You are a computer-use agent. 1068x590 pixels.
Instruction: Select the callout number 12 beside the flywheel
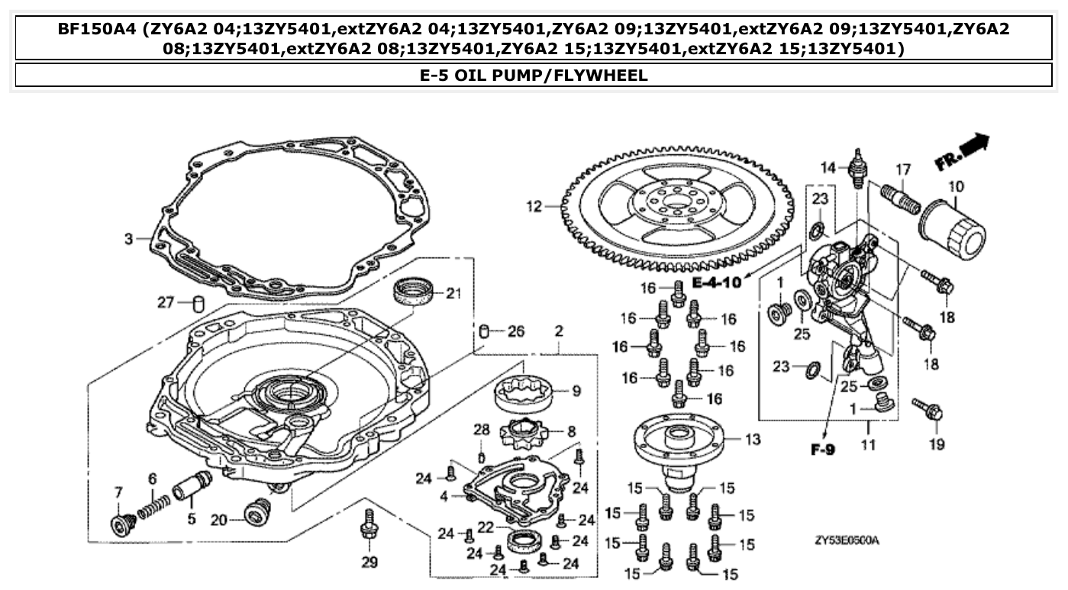tap(534, 205)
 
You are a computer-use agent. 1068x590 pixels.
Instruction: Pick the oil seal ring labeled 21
tap(415, 293)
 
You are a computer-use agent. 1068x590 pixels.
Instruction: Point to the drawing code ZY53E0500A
tap(847, 541)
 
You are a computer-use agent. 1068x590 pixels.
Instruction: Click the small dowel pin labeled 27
tap(198, 303)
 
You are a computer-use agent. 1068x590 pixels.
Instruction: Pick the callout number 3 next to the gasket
tap(128, 239)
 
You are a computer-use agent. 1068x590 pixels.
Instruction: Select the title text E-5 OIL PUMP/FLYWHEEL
tap(534, 75)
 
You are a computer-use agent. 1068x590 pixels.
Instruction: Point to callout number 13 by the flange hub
tap(753, 439)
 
